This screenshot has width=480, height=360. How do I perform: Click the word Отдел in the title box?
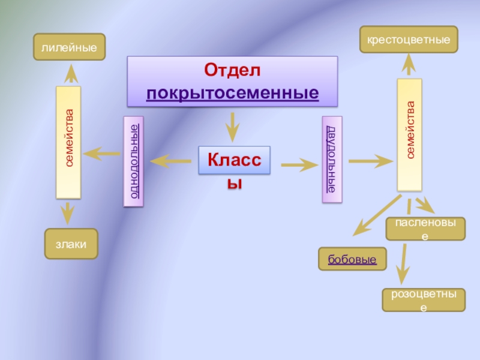coord(232,70)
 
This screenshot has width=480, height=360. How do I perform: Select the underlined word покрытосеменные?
coord(233,93)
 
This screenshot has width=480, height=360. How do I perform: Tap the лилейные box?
coord(70,47)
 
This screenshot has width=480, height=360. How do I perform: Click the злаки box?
coord(71,244)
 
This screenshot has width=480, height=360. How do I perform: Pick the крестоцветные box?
coord(409,40)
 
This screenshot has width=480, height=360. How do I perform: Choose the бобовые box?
coord(352,259)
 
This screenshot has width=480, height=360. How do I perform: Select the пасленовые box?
coord(425,229)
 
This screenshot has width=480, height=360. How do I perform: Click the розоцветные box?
coord(424,300)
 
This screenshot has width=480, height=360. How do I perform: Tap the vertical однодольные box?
coord(133,161)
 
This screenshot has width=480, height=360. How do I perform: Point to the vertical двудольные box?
coord(332,159)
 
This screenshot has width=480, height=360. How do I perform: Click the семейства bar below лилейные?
coord(68,142)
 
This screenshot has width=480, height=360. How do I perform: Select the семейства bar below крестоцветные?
coord(410,135)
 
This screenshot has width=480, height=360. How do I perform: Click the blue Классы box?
coord(235,160)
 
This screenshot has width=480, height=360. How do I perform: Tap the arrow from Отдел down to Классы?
coord(233,127)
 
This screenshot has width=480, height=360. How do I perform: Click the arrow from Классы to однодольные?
coord(170,161)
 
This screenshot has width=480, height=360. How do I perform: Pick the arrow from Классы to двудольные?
coord(299,164)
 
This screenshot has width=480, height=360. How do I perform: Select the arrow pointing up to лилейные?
coord(71,73)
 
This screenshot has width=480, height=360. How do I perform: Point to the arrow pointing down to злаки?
coord(68,213)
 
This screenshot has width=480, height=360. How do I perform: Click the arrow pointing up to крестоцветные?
coord(409,64)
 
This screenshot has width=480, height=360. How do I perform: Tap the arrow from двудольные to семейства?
coord(371,161)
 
